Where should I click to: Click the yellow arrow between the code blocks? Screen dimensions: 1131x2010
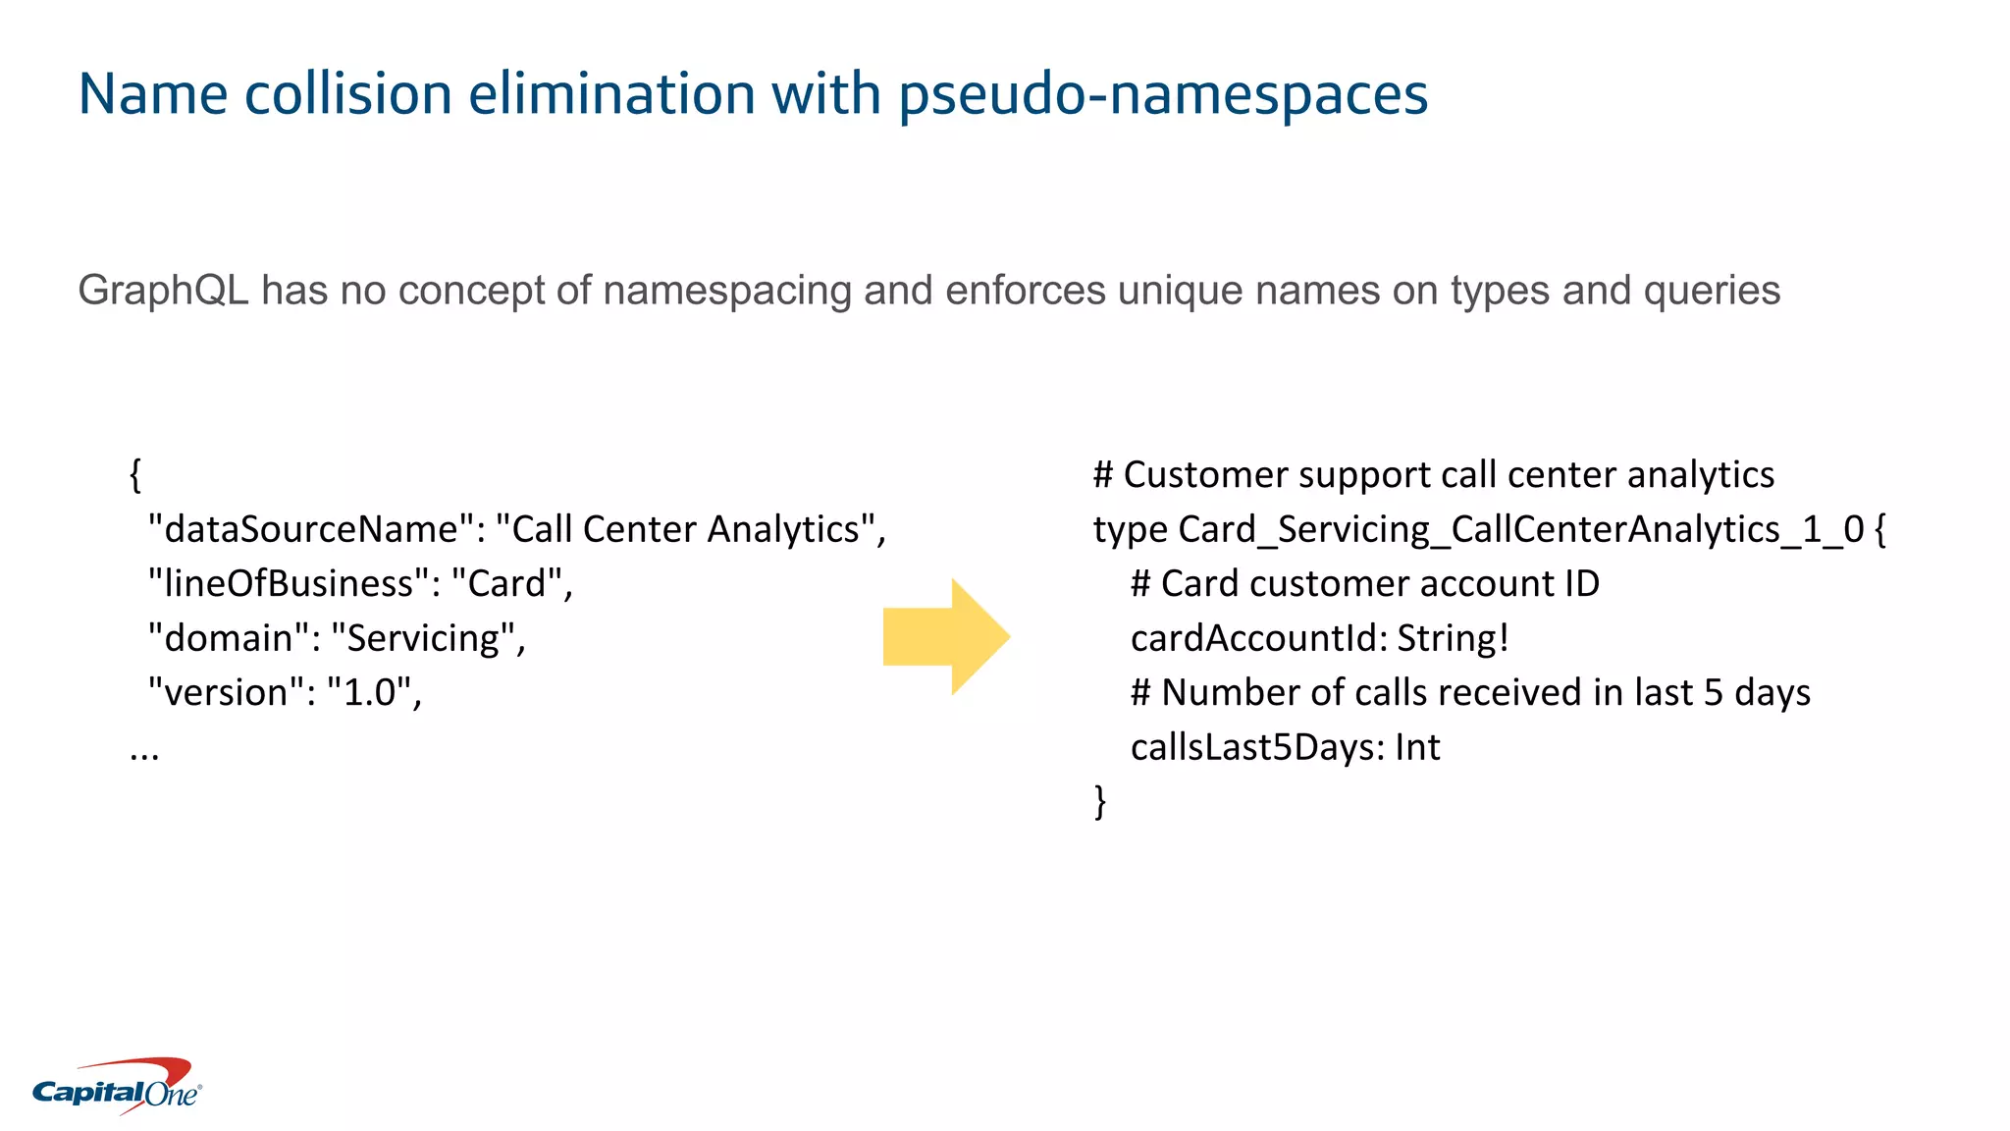[945, 636]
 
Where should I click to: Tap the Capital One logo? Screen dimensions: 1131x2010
[117, 1087]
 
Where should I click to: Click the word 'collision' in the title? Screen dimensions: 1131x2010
[347, 94]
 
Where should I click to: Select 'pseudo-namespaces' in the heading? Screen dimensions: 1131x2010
[1163, 94]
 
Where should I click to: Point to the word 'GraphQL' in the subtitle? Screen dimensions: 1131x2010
[163, 291]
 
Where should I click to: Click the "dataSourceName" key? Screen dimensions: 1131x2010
[310, 529]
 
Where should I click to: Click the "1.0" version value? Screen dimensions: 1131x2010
[368, 693]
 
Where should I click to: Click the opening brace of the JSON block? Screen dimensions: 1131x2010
[135, 475]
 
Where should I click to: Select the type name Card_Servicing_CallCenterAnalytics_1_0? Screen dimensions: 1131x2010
[1520, 529]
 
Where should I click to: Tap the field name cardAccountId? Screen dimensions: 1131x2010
[1257, 638]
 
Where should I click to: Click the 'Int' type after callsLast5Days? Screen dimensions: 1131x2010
[1417, 747]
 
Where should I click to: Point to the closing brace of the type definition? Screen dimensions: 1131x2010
[1100, 801]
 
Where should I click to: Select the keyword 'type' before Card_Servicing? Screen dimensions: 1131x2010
[1130, 529]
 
